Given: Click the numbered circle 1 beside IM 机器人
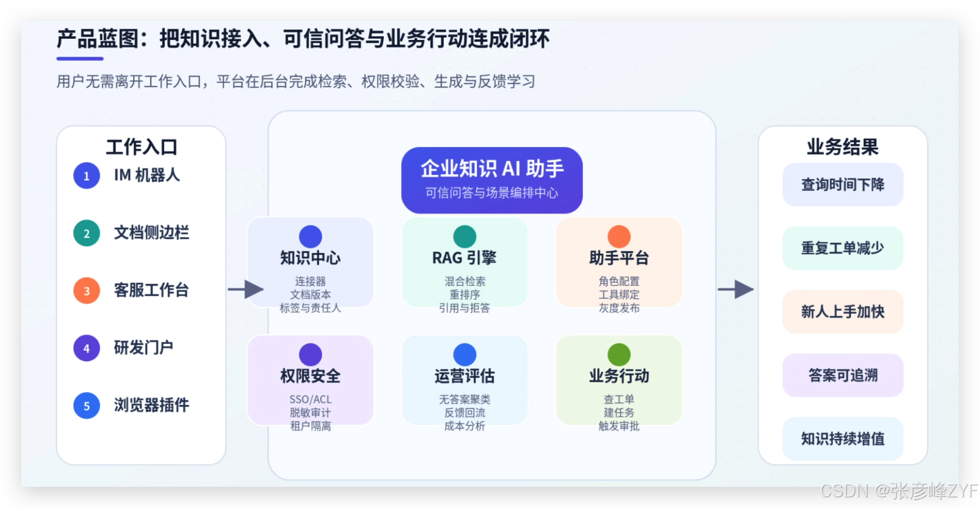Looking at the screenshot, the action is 87,176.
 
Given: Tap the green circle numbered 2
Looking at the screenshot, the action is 87,233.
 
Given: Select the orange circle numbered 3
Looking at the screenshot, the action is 87,291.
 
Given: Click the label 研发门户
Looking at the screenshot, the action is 143,348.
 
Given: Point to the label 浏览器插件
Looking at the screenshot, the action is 151,405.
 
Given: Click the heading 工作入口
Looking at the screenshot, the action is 141,147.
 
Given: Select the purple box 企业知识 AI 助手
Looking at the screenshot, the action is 492,180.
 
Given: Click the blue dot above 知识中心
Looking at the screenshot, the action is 311,236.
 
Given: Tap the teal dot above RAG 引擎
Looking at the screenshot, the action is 465,236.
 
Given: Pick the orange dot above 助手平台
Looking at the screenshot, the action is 619,236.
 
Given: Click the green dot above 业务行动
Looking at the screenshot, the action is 619,354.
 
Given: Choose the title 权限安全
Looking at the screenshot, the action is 311,376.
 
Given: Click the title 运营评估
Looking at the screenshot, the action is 465,376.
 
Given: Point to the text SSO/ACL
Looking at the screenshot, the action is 311,400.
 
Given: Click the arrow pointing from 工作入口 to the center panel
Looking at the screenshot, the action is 246,290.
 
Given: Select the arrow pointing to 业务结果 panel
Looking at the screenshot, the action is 736,290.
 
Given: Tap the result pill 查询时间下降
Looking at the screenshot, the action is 843,184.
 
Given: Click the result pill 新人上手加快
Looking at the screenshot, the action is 843,311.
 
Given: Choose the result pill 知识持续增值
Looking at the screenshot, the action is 843,438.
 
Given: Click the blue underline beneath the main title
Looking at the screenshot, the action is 80,58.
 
